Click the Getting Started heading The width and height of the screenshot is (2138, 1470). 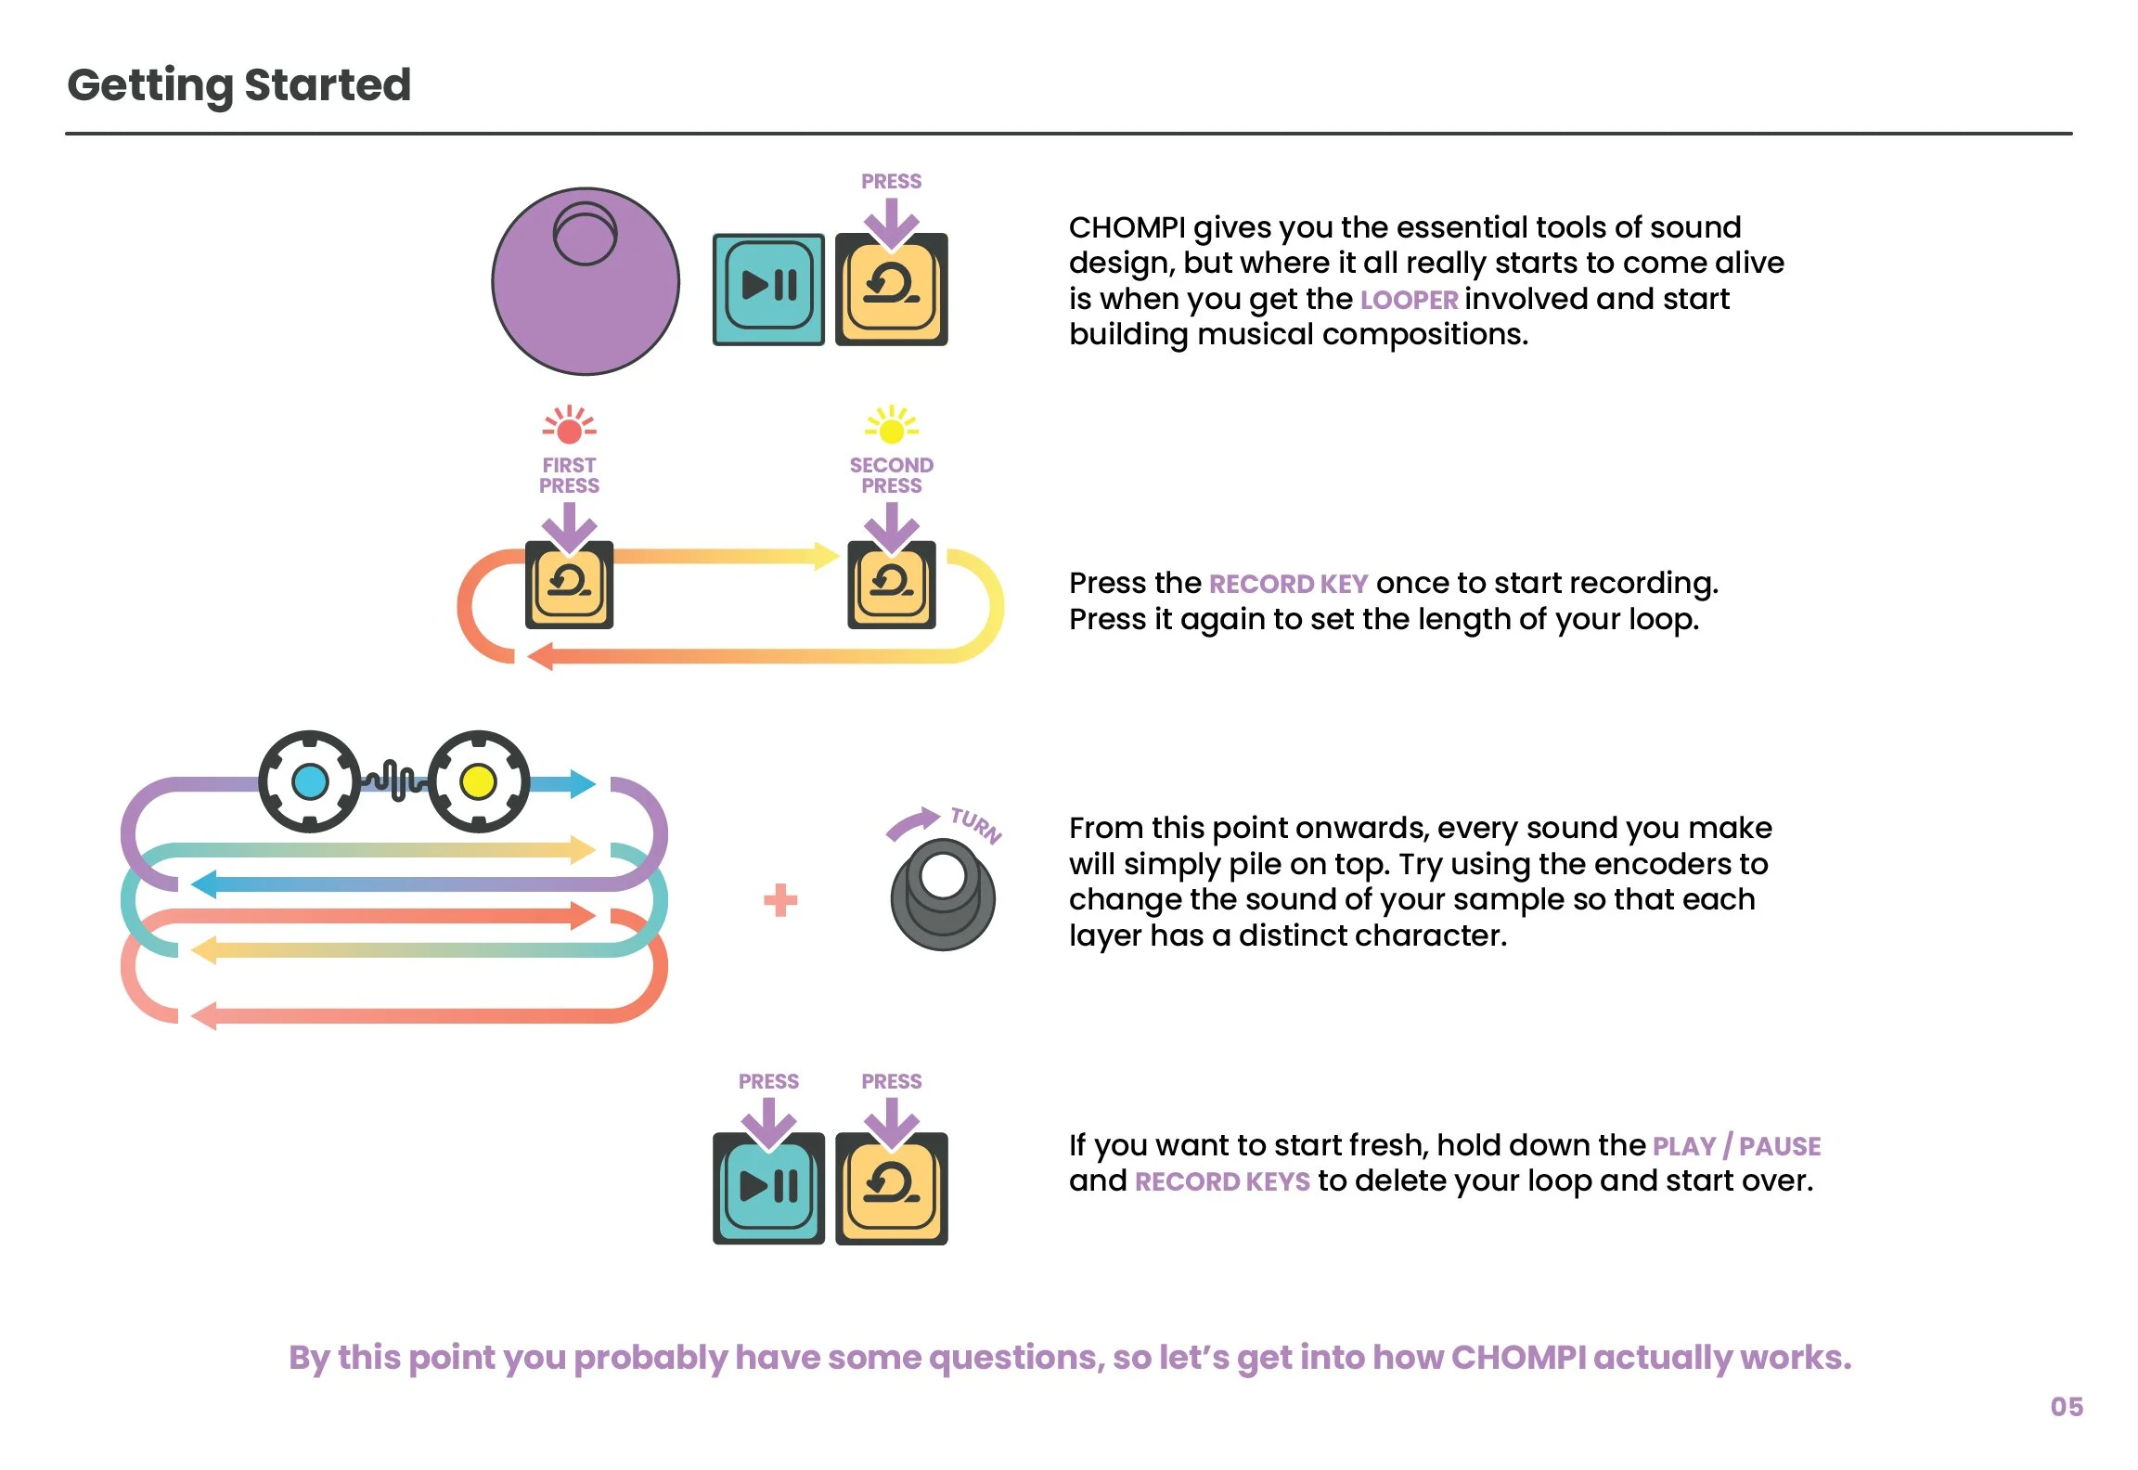pos(239,85)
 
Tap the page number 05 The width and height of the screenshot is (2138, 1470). pos(2066,1407)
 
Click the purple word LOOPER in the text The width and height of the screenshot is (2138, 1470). pos(1409,300)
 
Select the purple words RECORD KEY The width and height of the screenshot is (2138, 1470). pos(1288,584)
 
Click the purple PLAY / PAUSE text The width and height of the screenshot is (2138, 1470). pos(1736,1146)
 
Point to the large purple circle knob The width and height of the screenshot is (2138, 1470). pos(586,282)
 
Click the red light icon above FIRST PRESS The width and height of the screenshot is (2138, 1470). pos(569,427)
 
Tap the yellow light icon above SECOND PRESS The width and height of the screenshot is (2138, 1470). pos(891,427)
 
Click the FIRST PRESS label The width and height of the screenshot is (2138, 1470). pos(569,475)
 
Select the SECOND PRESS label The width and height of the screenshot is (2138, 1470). pos(891,475)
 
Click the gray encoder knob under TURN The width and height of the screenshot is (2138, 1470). pos(943,895)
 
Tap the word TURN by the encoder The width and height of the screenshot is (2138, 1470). pos(976,824)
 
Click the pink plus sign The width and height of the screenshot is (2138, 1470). pos(779,900)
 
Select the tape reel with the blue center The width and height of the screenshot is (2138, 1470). pos(310,781)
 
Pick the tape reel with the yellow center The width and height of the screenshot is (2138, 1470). pos(479,781)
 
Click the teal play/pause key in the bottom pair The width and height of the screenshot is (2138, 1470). pos(768,1188)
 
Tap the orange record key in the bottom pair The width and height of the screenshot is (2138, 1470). pos(891,1188)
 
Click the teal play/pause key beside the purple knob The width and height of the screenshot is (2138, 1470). pos(768,290)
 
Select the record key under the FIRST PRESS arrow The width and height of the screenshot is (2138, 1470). pos(569,585)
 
